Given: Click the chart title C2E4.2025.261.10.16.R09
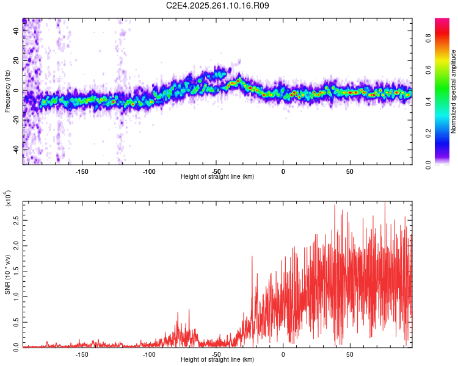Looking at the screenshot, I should click(218, 5).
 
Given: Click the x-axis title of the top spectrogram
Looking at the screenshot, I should click(217, 176).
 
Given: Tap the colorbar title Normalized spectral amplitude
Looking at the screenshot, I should click(454, 91).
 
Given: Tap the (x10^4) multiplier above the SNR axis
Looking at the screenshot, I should click(8, 198).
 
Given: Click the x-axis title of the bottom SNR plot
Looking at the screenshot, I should click(217, 360).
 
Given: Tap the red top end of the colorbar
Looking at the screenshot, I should click(442, 21).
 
